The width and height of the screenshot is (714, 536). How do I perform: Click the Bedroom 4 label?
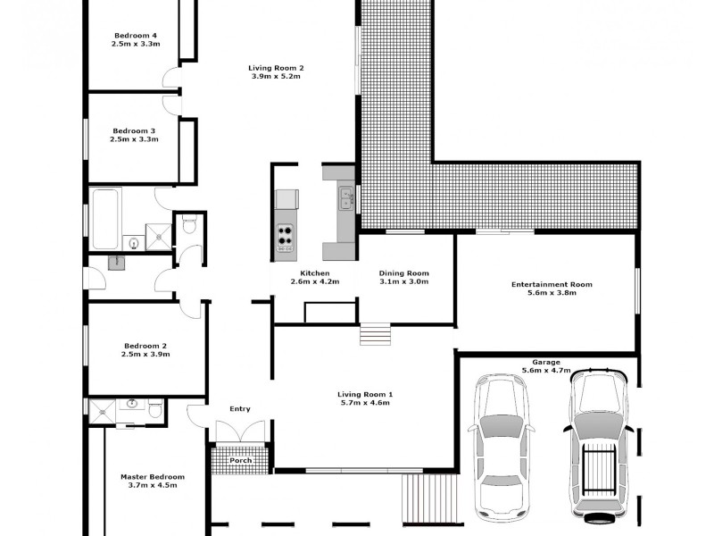135,35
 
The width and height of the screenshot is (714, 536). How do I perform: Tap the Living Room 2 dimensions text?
277,77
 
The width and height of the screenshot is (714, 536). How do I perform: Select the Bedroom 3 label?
134,130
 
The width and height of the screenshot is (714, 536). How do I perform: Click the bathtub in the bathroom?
105,219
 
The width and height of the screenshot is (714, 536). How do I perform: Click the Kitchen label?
315,272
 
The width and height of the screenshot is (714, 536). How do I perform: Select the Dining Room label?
404,272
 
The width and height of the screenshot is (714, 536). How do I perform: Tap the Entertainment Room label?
552,284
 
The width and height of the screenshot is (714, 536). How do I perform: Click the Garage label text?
545,362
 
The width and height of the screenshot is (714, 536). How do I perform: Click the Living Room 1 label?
365,394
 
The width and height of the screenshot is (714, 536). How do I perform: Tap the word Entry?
240,409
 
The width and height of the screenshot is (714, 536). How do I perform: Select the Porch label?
240,461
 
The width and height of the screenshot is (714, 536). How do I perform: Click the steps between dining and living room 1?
375,334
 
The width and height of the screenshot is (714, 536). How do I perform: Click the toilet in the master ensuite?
154,410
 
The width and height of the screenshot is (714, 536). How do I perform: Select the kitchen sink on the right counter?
345,196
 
